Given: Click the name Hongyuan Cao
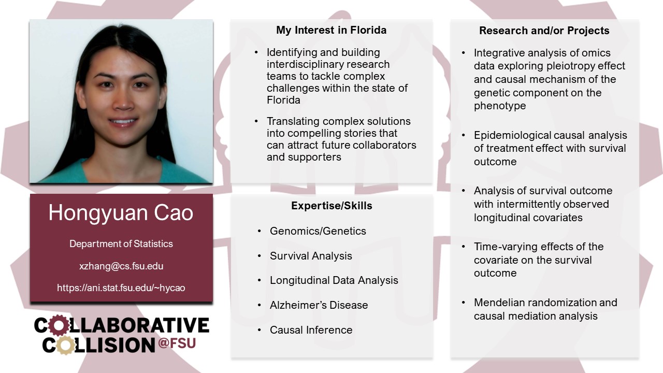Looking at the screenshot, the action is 121,213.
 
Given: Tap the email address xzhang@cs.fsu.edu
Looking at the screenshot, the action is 121,266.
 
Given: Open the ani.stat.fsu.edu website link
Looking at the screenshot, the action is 121,288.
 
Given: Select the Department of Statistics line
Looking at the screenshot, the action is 121,243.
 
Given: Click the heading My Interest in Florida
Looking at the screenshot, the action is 331,30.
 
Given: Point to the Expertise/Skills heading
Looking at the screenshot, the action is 331,206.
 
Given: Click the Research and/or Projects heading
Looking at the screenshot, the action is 544,31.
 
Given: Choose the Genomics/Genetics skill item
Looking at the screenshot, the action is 318,231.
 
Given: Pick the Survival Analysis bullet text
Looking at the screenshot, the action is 311,256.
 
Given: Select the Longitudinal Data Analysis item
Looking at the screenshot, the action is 334,280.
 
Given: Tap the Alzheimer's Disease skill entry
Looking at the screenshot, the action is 319,305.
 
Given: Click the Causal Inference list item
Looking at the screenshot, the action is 311,330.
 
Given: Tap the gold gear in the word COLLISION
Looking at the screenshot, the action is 65,345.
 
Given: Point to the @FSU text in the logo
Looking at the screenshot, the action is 177,343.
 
